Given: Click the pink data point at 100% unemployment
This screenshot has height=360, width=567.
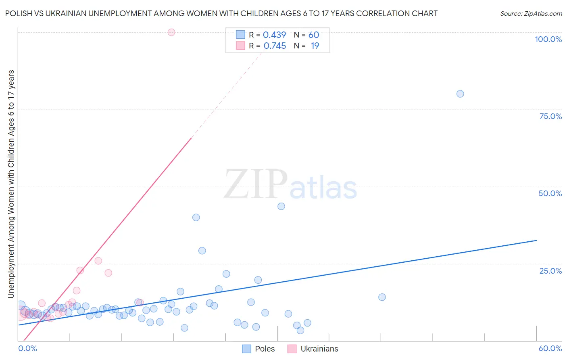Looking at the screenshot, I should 171,32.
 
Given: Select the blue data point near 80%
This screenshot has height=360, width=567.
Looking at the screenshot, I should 460,94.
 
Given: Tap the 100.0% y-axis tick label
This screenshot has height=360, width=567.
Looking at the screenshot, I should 548,39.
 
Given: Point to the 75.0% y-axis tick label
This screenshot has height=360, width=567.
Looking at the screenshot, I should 550,116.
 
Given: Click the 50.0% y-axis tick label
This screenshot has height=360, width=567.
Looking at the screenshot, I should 550,193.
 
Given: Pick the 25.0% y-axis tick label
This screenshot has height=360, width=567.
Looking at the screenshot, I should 550,271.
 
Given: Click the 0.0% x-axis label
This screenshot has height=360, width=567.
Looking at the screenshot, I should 28,348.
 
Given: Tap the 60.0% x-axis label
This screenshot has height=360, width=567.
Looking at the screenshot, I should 550,348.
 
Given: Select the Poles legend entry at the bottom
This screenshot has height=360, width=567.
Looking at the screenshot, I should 258,349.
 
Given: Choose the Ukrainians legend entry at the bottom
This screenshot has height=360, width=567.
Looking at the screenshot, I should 313,349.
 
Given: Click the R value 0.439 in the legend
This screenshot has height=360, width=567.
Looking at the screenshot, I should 274,35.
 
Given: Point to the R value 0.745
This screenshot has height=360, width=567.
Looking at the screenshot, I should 275,46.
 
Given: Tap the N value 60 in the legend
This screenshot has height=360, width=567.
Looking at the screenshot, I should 314,35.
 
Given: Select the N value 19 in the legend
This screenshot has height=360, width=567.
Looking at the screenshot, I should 315,46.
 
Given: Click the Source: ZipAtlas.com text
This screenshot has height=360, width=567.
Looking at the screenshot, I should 531,14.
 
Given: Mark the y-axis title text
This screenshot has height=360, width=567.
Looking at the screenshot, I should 11,184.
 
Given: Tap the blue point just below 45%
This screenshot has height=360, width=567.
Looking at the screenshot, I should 281,206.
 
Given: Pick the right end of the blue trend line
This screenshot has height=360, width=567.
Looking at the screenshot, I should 536,241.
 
